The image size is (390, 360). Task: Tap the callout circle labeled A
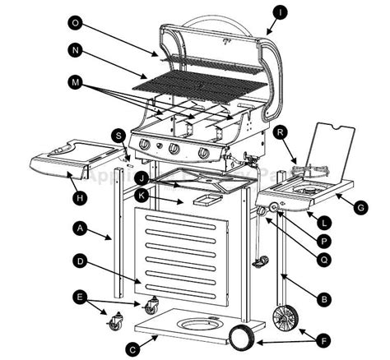pyautogui.click(x=79, y=227)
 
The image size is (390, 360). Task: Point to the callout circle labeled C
pyautogui.click(x=131, y=349)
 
